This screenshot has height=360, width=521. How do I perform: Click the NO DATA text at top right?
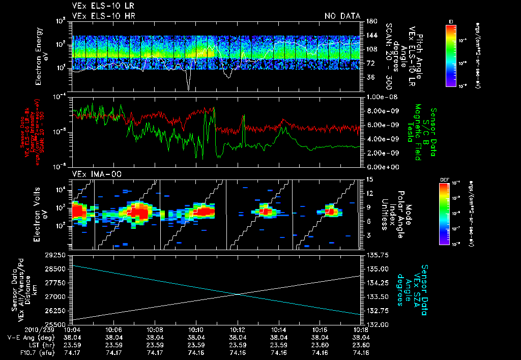pos(342,16)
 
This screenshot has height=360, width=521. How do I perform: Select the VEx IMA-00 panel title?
pos(90,174)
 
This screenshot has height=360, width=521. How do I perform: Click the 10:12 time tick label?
pos(238,329)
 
